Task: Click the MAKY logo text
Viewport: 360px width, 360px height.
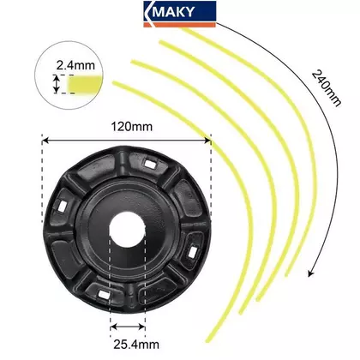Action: (175, 12)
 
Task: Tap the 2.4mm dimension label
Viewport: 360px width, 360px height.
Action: (75, 65)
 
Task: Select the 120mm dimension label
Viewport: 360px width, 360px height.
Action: (132, 126)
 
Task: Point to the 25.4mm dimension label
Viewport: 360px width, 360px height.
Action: (136, 345)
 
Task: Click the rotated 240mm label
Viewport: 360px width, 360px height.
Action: (327, 88)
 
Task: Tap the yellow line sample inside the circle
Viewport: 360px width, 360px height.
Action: (85, 84)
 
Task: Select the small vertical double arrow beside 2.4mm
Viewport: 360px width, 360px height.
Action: (57, 84)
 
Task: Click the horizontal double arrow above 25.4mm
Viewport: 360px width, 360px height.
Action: (128, 327)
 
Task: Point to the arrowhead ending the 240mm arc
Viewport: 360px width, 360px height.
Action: (310, 273)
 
